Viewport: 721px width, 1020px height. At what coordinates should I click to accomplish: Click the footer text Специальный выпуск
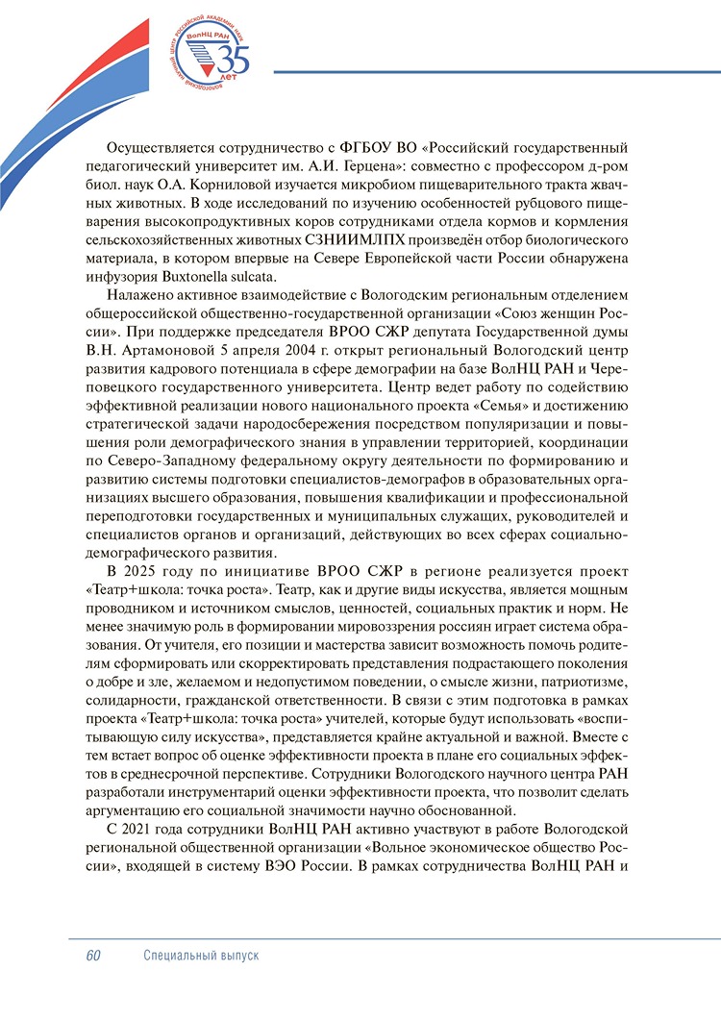201,957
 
